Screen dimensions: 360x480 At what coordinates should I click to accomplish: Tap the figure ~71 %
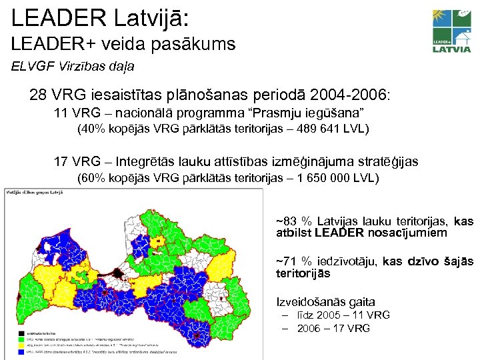pos(294,262)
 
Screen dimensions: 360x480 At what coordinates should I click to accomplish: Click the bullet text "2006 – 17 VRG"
pos(333,328)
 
